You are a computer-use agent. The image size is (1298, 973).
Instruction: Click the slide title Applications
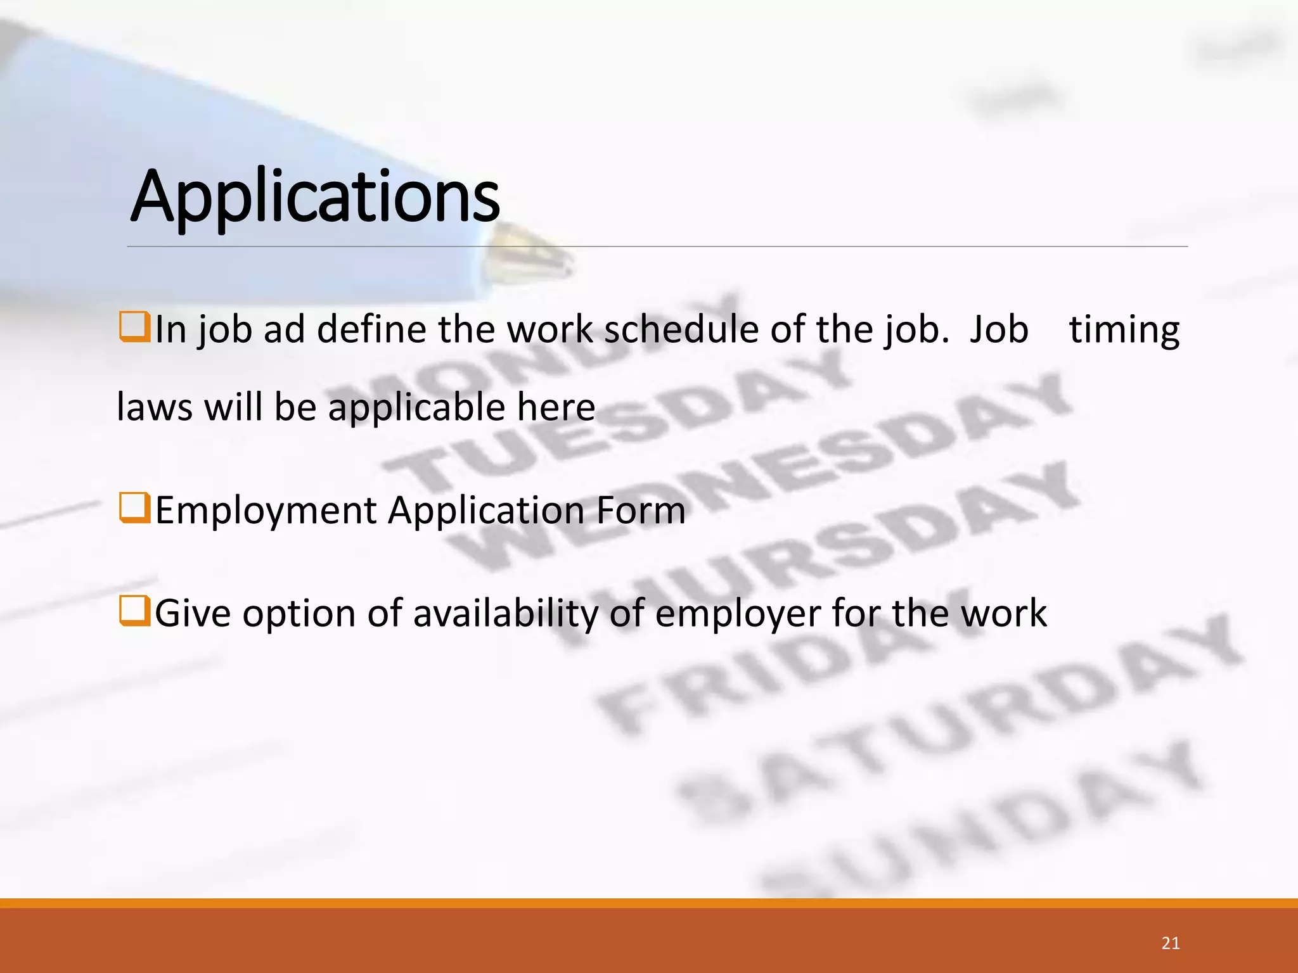click(315, 196)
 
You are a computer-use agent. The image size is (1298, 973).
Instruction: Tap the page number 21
click(1171, 943)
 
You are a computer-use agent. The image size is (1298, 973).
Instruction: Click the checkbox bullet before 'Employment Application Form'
click(134, 509)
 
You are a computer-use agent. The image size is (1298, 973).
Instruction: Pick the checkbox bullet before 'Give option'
click(134, 612)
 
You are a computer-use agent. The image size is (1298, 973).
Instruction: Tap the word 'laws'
click(155, 407)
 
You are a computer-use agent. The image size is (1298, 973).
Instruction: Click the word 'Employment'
click(266, 511)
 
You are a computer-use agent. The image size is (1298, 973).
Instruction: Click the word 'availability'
click(505, 613)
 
